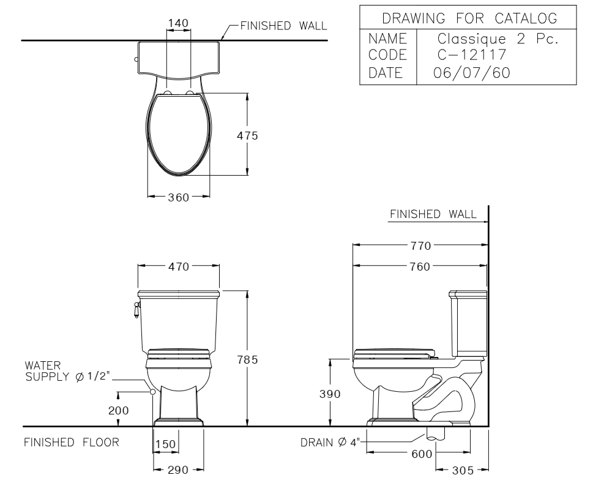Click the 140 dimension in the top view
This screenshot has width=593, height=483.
(178, 23)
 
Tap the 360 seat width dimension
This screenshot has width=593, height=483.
(179, 197)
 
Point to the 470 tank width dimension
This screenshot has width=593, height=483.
(179, 266)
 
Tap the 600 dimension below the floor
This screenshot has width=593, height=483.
(422, 454)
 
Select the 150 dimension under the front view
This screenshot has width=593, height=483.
(166, 444)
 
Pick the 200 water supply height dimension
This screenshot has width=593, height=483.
(118, 410)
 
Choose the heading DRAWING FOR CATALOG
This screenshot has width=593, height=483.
(468, 19)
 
